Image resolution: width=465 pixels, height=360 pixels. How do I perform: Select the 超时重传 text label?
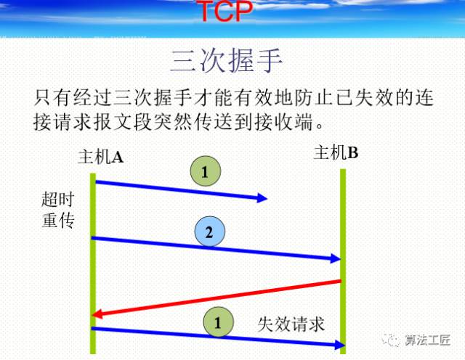point(58,208)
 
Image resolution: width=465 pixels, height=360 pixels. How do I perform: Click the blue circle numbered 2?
point(209,232)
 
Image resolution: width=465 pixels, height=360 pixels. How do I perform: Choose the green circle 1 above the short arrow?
point(204,172)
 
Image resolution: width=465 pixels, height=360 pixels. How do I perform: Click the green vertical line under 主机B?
point(344,218)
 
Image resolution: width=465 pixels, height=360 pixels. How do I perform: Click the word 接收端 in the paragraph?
point(294,119)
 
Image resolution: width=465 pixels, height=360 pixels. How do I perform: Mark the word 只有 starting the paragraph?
point(49,97)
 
